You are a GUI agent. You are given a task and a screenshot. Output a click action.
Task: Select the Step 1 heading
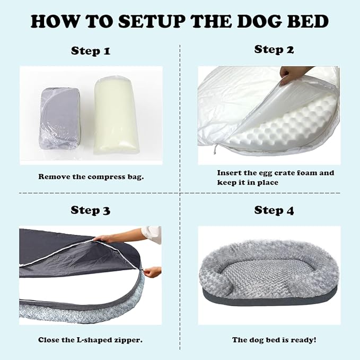(91, 51)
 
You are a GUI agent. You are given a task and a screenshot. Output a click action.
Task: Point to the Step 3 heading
(91, 210)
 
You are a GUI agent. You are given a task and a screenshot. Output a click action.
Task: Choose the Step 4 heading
(274, 210)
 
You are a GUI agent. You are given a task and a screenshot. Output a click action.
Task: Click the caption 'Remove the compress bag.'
(91, 176)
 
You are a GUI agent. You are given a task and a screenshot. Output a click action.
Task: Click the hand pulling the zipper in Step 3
(152, 271)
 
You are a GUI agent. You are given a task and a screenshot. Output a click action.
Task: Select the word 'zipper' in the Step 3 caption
(129, 339)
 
